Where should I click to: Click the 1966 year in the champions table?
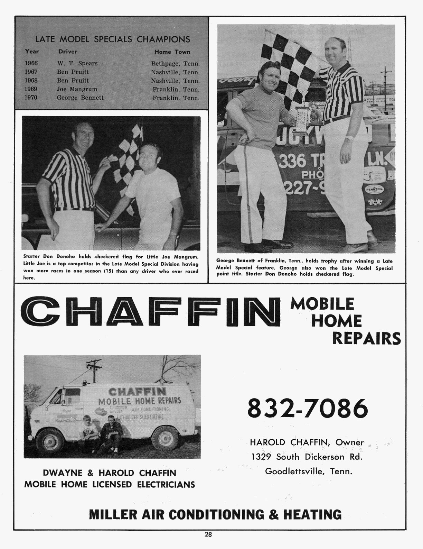pyautogui.click(x=31, y=63)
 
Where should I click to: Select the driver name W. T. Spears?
pyautogui.click(x=77, y=63)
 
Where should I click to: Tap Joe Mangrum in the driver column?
pyautogui.click(x=77, y=89)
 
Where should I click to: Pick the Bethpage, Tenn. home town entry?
pyautogui.click(x=175, y=64)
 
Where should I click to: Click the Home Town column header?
pyautogui.click(x=172, y=52)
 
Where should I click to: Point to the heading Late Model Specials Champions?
pyautogui.click(x=113, y=39)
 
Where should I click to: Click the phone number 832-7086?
pyautogui.click(x=307, y=409)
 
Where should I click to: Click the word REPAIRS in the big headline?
pyautogui.click(x=366, y=339)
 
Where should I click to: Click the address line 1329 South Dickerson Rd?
pyautogui.click(x=307, y=457)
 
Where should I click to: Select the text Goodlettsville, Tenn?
pyautogui.click(x=308, y=471)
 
